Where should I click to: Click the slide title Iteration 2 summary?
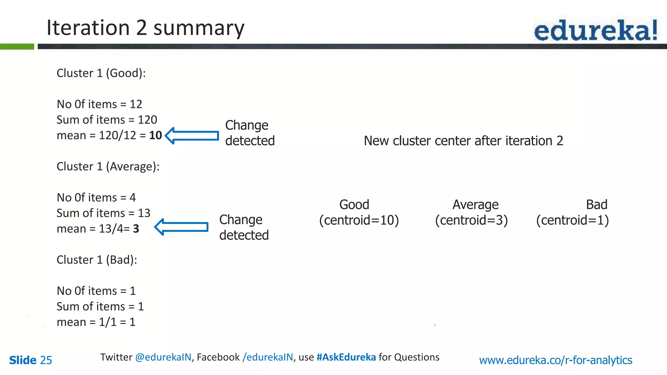pyautogui.click(x=145, y=28)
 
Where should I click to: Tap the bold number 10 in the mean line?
pyautogui.click(x=155, y=135)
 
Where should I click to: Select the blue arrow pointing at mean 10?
pyautogui.click(x=192, y=135)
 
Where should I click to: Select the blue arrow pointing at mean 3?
pyautogui.click(x=181, y=227)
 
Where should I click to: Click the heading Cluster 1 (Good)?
pyautogui.click(x=101, y=73)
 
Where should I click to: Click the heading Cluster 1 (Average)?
pyautogui.click(x=108, y=167)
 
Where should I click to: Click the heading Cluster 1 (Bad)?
pyautogui.click(x=97, y=260)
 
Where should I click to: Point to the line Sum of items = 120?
pyautogui.click(x=107, y=120)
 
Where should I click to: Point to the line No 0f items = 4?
pyautogui.click(x=96, y=198)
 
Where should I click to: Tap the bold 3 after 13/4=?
pyautogui.click(x=136, y=229)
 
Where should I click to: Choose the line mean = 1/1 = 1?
pyautogui.click(x=96, y=322)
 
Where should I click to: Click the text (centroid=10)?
pyautogui.click(x=359, y=220)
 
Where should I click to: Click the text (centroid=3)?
pyautogui.click(x=471, y=220)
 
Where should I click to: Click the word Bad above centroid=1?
pyautogui.click(x=596, y=205)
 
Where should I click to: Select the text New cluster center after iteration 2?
pyautogui.click(x=463, y=141)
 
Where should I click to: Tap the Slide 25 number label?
pyautogui.click(x=31, y=360)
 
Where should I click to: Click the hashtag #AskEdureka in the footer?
pyautogui.click(x=346, y=357)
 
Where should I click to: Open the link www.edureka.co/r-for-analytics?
pyautogui.click(x=555, y=360)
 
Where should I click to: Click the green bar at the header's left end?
pyautogui.click(x=17, y=47)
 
